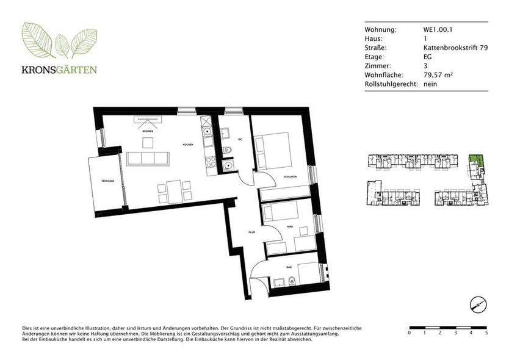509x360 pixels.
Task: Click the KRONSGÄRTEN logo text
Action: [x=59, y=69]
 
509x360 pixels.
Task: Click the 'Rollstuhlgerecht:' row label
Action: [x=391, y=84]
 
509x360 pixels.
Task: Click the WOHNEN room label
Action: [x=147, y=131]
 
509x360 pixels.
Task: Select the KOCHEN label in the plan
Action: [x=187, y=144]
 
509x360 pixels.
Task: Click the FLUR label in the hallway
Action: [x=251, y=232]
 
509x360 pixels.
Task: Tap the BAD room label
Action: [x=290, y=267]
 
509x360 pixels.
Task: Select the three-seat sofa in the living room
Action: [x=148, y=159]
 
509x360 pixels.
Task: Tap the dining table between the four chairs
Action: [x=175, y=190]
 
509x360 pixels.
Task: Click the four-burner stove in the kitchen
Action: [x=211, y=162]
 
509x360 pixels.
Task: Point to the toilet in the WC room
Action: [x=228, y=151]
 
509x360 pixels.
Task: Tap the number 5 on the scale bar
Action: [x=486, y=333]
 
